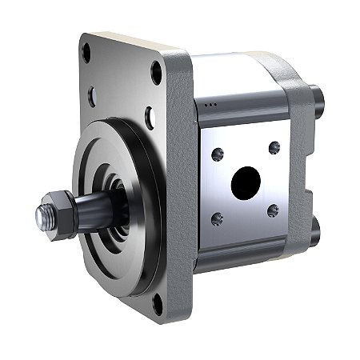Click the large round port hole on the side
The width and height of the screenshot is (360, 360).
click(246, 182)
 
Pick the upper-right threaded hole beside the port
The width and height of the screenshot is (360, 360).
click(274, 147)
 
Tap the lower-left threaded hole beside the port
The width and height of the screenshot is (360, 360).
click(217, 218)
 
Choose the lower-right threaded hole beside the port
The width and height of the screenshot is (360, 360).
click(273, 210)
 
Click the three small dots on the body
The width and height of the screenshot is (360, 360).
click(211, 104)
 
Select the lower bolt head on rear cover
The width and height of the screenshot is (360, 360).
click(314, 232)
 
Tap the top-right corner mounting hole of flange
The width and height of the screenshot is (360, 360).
click(157, 73)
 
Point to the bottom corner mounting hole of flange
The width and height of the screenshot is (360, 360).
click(157, 302)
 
